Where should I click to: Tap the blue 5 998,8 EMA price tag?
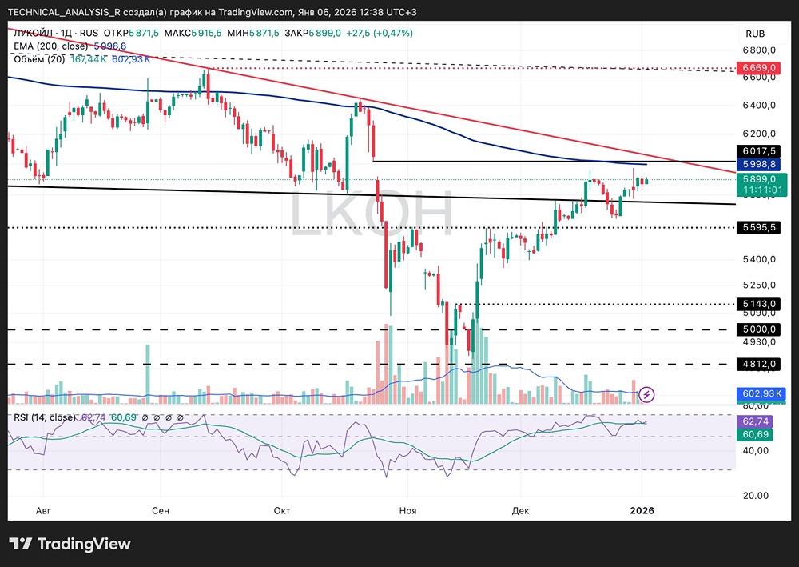tap(761, 164)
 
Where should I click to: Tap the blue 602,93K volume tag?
tap(761, 393)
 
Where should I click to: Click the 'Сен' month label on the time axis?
tap(161, 510)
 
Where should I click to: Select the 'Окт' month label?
tap(281, 510)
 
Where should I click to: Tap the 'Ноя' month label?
tap(408, 510)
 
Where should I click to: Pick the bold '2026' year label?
tap(642, 510)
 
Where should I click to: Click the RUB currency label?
tap(755, 34)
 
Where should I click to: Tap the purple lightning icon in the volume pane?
tap(648, 393)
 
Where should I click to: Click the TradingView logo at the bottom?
tap(70, 545)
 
